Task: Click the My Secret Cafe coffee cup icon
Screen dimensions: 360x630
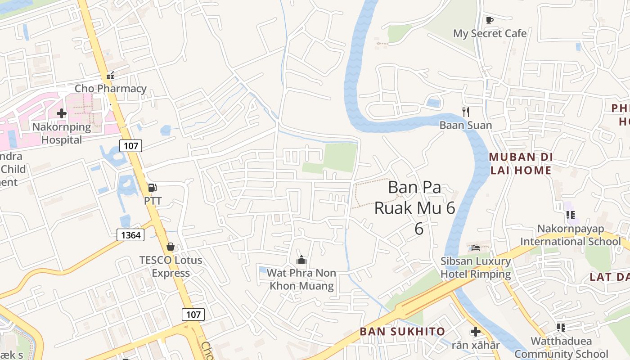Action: [490, 20]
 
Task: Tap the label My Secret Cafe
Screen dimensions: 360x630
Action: [490, 33]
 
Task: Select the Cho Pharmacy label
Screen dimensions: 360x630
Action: [110, 89]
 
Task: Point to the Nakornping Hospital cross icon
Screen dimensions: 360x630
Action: [62, 113]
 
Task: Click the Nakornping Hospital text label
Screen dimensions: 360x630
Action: [62, 133]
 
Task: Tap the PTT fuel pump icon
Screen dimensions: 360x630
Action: [153, 188]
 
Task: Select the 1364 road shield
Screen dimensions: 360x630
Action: [131, 234]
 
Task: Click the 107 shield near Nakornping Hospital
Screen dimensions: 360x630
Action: [130, 145]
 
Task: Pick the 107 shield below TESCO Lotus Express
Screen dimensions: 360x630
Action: [193, 315]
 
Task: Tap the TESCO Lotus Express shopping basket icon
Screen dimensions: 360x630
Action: [170, 247]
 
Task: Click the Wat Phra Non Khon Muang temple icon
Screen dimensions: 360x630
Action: [301, 260]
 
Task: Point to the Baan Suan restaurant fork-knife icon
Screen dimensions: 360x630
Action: [466, 112]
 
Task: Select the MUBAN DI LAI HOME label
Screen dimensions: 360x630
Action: [521, 164]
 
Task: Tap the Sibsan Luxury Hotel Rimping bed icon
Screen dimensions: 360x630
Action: [476, 247]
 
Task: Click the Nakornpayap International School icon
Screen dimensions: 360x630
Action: [570, 215]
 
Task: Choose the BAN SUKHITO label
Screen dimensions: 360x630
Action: [402, 332]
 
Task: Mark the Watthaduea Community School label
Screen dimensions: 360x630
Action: [561, 347]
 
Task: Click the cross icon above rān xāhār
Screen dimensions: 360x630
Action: [476, 332]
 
